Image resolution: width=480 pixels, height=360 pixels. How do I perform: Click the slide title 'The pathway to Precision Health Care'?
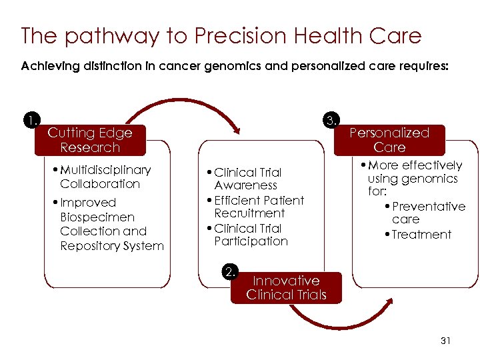(221, 35)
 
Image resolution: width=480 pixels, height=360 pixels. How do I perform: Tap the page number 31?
(446, 341)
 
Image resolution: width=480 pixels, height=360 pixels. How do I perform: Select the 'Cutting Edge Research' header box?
(89, 140)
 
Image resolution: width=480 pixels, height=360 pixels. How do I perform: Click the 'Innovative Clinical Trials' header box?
(286, 288)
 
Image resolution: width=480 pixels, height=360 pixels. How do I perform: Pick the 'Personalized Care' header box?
(389, 140)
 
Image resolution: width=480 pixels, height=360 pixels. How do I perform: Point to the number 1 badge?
(30, 121)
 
